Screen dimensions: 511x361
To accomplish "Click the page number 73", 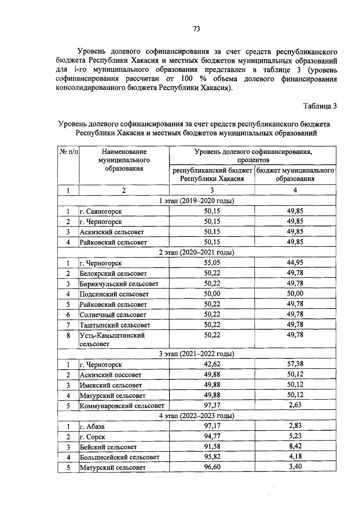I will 197,29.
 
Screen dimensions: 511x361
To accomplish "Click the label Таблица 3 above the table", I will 320,106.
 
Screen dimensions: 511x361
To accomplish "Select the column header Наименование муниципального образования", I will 124,160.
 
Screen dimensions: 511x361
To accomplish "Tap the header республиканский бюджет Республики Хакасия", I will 212,175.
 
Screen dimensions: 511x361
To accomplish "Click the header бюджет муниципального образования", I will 295,175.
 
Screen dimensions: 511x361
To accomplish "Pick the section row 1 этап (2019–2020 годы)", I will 197,201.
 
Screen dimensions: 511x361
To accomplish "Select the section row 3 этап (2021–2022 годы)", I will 197,354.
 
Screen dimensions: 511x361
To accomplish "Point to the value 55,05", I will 212,262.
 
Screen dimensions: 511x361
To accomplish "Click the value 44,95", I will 295,262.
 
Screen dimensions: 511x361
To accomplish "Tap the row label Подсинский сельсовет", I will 114,294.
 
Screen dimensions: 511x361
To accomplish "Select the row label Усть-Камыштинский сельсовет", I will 112,339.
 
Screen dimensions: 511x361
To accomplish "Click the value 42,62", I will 212,364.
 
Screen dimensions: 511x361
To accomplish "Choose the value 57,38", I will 295,364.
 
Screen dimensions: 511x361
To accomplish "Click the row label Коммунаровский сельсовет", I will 122,406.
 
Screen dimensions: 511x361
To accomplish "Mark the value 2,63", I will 295,405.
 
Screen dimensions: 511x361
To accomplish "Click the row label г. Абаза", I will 92,426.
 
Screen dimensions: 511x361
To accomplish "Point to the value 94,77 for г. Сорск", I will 212,436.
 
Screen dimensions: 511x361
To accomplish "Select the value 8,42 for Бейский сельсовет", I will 295,446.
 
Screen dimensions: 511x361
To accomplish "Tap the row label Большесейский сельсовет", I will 119,457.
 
